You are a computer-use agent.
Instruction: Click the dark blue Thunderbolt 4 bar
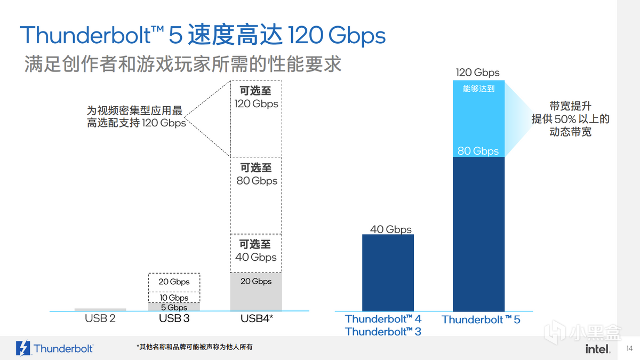coord(388,273)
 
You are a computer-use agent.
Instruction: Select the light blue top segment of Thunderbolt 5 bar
coord(478,117)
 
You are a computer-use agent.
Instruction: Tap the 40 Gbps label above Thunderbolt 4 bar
coord(391,229)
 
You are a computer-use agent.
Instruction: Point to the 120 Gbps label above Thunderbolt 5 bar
coord(478,73)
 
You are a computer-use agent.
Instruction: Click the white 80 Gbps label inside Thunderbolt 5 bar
coord(478,151)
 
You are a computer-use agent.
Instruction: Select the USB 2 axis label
coord(100,319)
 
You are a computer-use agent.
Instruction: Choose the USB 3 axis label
coord(174,319)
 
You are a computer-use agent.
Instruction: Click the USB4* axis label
coord(257,319)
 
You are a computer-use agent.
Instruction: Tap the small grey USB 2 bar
coord(100,309)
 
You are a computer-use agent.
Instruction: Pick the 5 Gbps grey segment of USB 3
coord(174,307)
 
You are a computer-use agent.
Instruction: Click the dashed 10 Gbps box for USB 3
coord(174,297)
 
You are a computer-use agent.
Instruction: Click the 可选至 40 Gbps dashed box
coord(256,251)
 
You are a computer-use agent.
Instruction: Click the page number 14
coord(628,348)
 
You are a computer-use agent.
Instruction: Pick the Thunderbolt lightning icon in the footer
coord(23,348)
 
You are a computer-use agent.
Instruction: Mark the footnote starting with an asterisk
coord(194,347)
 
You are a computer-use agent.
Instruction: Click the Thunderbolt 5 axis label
coord(481,319)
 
